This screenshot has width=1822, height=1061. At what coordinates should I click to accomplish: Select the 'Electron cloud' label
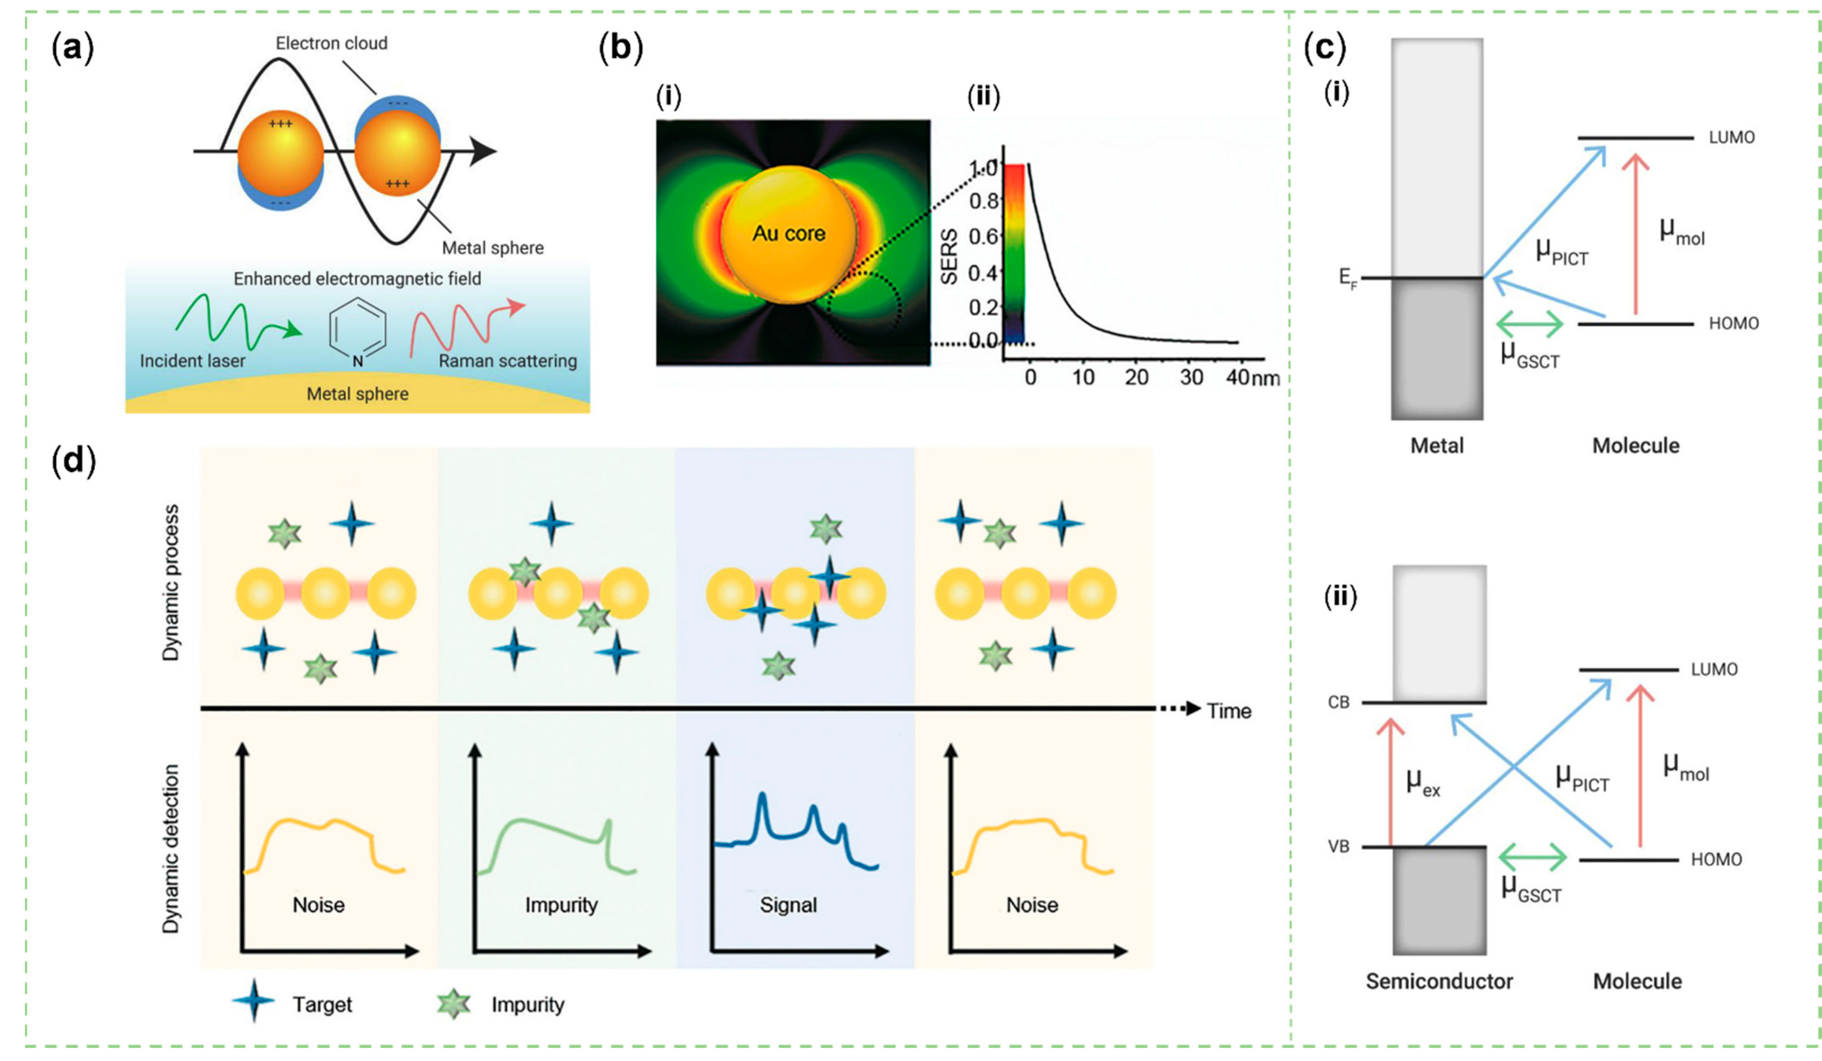point(331,44)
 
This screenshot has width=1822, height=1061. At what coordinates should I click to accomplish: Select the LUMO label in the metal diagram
point(1732,137)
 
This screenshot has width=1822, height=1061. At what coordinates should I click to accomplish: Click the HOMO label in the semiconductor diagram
point(1716,859)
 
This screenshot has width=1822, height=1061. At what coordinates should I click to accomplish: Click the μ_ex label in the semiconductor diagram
point(1422,783)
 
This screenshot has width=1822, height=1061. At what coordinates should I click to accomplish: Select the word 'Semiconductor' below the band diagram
point(1439,981)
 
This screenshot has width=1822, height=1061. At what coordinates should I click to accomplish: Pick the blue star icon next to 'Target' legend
point(253,1002)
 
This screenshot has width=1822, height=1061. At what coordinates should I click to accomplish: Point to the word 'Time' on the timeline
point(1229,711)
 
